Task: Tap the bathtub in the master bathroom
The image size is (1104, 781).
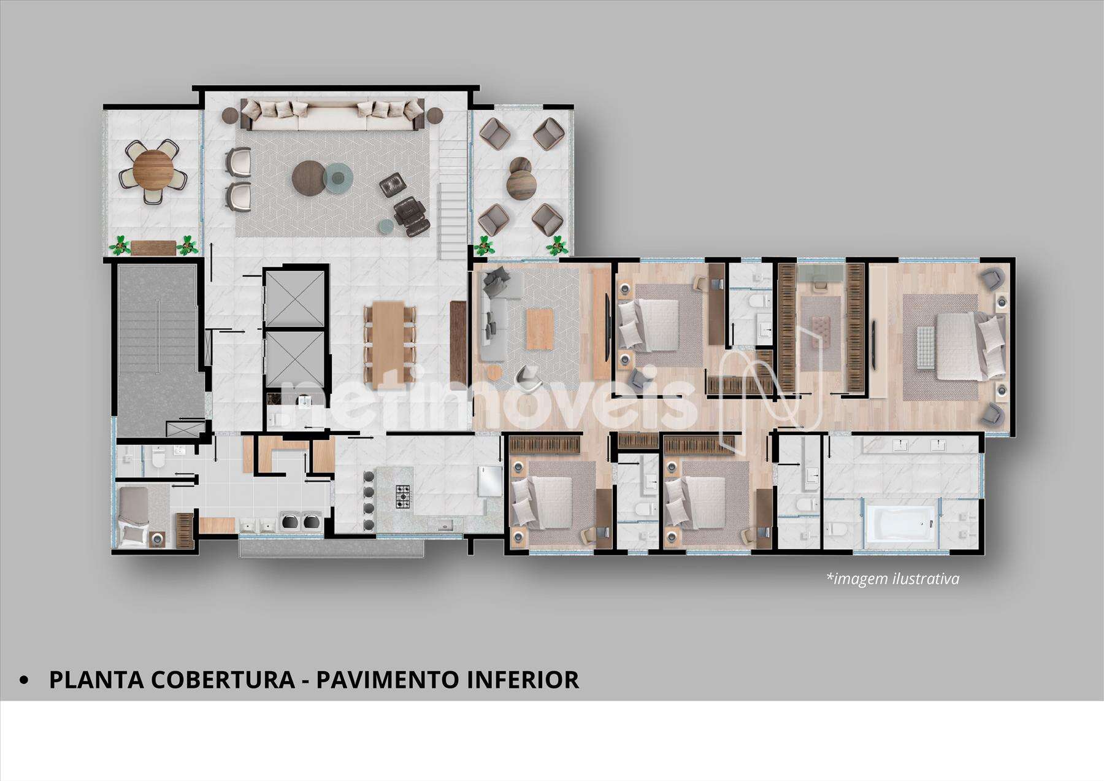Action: [900, 526]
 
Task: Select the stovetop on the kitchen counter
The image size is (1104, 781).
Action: [403, 496]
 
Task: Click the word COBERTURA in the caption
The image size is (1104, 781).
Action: [223, 680]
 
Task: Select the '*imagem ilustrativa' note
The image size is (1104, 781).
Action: [892, 579]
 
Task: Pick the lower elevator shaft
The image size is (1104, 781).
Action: [294, 360]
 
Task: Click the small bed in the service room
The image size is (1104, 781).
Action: [134, 516]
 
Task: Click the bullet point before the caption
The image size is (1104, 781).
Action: [25, 680]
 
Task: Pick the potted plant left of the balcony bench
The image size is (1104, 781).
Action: [120, 245]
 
